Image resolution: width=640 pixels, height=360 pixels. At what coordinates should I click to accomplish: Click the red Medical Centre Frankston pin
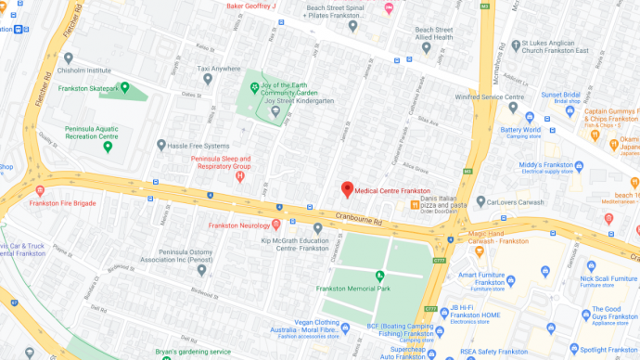(347, 189)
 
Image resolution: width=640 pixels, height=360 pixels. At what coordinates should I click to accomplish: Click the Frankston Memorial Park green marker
(378, 276)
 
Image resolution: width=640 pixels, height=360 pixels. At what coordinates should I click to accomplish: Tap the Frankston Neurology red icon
(276, 225)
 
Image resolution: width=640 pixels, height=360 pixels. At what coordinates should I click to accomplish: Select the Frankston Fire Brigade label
(62, 203)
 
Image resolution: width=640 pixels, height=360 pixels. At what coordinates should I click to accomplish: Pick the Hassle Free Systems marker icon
(161, 145)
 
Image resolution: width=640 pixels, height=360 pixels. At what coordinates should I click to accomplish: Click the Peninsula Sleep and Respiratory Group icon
(240, 176)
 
